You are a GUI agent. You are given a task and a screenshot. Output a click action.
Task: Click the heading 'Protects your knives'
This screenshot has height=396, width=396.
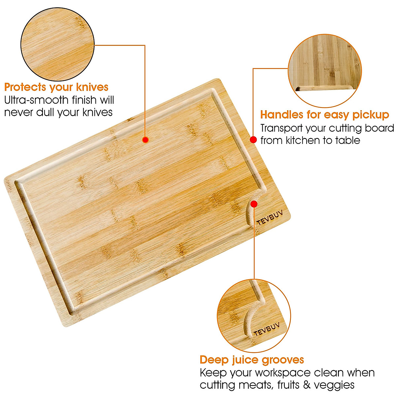[x=56, y=87]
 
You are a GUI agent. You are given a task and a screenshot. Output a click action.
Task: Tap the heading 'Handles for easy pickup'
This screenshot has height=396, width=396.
[x=324, y=115]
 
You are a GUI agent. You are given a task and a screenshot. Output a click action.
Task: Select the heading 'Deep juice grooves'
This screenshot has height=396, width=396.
[x=252, y=359]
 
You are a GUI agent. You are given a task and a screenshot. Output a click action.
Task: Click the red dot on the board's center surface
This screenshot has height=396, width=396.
[x=145, y=140]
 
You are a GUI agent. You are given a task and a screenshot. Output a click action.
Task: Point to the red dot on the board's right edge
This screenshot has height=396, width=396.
[x=253, y=140]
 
